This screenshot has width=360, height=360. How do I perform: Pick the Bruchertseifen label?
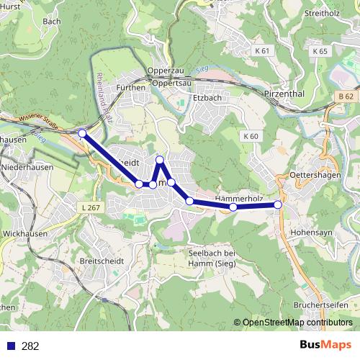click(x=322, y=305)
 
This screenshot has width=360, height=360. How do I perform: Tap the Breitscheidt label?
click(x=103, y=261)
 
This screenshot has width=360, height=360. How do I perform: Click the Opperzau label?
click(x=161, y=71)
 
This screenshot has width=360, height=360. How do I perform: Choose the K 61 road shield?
click(x=263, y=51)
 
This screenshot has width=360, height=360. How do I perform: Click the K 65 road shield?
click(x=320, y=51)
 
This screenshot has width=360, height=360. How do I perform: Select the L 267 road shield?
click(x=91, y=208)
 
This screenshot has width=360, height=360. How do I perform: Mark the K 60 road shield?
click(x=251, y=136)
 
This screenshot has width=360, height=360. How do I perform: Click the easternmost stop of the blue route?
click(x=278, y=204)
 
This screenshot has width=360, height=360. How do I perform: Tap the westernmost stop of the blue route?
click(x=82, y=133)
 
